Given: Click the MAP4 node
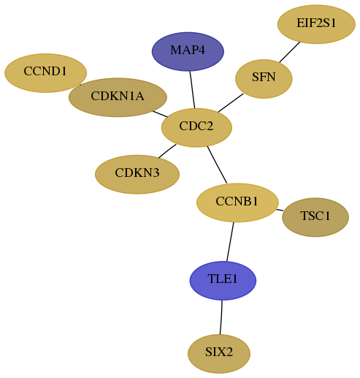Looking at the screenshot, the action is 188,51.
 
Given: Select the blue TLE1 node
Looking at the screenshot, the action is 223,281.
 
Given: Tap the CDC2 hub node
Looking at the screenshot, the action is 196,127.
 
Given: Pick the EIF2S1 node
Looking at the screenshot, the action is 316,24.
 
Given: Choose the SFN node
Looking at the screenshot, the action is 264,79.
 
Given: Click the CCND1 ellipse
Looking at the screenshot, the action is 45,73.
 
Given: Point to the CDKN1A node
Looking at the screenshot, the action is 118,97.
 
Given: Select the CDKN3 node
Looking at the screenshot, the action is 137,174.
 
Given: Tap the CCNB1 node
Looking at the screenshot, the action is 237,203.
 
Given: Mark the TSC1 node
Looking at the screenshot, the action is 315,217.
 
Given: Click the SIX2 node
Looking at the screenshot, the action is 219,354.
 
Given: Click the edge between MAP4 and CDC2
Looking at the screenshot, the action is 192,89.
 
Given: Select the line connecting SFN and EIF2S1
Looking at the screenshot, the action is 290,52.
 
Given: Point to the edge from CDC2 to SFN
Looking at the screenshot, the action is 231,103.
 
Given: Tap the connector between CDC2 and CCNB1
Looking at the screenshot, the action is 217,165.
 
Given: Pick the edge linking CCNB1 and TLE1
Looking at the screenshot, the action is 230,242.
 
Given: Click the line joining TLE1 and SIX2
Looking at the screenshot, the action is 221,317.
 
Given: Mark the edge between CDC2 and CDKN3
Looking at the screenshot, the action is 167,151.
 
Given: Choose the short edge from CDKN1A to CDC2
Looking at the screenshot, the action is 160,114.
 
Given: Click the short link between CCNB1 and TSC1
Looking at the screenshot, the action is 280,210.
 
